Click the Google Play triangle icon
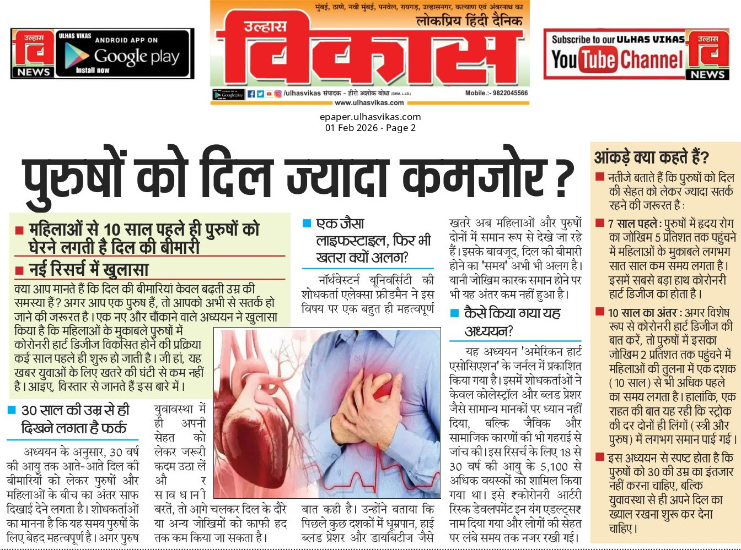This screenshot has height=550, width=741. [x=77, y=55]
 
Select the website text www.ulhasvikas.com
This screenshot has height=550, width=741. [x=369, y=102]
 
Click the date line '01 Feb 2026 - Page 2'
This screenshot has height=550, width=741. [x=370, y=128]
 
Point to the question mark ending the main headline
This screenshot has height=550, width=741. [x=565, y=178]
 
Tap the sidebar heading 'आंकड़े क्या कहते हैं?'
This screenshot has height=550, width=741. [x=651, y=157]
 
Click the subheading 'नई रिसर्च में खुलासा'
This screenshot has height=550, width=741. [x=88, y=269]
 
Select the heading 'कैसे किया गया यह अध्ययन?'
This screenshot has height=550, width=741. [x=512, y=322]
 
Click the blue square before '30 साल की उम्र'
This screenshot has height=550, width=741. [x=12, y=410]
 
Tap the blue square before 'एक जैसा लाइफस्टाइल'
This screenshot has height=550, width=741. [x=307, y=224]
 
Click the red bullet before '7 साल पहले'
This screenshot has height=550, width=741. [x=599, y=223]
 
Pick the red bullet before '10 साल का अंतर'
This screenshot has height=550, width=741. [x=599, y=312]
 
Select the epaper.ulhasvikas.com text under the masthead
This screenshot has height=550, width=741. [x=370, y=117]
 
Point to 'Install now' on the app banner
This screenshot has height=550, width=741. [x=92, y=70]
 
